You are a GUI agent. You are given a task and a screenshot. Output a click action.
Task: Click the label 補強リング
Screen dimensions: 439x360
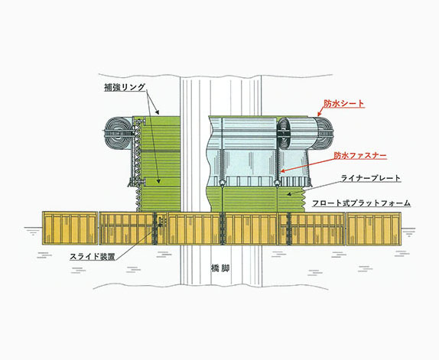(x=125, y=87)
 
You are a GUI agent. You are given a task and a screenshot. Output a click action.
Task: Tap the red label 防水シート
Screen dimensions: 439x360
(x=344, y=103)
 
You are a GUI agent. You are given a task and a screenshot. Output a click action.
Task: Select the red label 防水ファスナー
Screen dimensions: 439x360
(x=360, y=155)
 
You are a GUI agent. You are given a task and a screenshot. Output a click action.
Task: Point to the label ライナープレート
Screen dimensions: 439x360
(x=371, y=178)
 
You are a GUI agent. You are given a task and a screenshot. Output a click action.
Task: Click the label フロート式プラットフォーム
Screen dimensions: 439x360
(x=361, y=203)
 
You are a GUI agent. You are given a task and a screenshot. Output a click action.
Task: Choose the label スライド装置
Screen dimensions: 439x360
(x=93, y=256)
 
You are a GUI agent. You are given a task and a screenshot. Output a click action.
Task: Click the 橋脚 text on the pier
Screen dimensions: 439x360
(x=220, y=268)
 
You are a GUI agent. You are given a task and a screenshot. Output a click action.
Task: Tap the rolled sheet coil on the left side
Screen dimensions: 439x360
(x=119, y=133)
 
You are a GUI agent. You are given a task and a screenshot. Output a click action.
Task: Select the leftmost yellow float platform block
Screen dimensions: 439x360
(x=70, y=228)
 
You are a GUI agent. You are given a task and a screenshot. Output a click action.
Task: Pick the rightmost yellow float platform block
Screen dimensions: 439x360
(x=374, y=229)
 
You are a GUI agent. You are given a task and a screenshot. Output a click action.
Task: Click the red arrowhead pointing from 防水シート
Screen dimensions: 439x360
(x=319, y=114)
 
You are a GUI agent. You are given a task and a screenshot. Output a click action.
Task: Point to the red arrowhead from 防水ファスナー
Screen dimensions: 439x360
(x=282, y=171)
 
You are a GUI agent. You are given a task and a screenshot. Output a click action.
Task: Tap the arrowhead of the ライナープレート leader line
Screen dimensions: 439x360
(x=288, y=193)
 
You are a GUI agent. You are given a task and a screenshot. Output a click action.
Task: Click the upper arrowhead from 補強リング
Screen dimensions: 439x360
(x=158, y=112)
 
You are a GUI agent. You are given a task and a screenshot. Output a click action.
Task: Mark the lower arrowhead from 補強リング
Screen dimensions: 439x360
(x=159, y=181)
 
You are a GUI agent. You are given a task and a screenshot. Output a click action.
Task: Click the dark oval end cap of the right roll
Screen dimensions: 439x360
(x=285, y=134)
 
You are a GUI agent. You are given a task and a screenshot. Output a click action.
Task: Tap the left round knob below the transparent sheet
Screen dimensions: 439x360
(x=222, y=183)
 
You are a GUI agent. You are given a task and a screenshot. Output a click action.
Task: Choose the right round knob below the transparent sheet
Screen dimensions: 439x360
(x=277, y=183)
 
